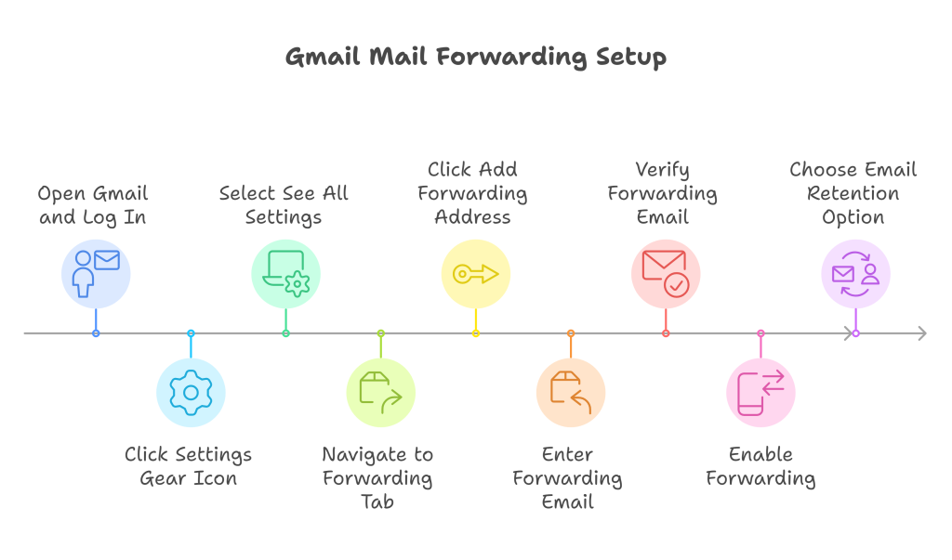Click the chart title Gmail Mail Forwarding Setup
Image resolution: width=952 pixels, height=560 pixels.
pos(475,57)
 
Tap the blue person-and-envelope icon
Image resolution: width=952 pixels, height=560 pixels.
pos(96,273)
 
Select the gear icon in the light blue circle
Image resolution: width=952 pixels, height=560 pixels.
pos(191,392)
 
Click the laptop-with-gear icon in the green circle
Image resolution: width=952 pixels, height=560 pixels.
pos(285,273)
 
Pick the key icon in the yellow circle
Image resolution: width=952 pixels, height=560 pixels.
pos(475,273)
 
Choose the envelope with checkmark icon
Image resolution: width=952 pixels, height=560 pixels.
pos(666,273)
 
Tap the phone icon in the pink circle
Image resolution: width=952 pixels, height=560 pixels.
pos(760,392)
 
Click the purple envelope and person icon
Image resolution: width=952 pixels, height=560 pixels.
pos(855,273)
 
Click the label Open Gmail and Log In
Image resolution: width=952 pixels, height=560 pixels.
pos(93,205)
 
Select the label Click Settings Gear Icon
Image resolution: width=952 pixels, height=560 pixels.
pos(189,466)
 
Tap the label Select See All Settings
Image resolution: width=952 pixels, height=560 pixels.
pos(284,205)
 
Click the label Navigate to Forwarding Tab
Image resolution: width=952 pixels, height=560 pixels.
pos(377,477)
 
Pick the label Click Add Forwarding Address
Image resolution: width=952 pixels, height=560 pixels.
pos(472,193)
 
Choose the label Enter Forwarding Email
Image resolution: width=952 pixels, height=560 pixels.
pos(567,477)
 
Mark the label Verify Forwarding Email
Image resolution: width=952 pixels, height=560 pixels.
pos(663,193)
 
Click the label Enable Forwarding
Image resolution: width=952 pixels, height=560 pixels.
pos(760,466)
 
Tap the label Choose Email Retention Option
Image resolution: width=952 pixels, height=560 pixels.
pos(853,193)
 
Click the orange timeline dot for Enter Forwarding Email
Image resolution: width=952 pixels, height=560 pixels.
pos(571,333)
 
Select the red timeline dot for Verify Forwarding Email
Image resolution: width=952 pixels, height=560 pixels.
pos(666,333)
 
